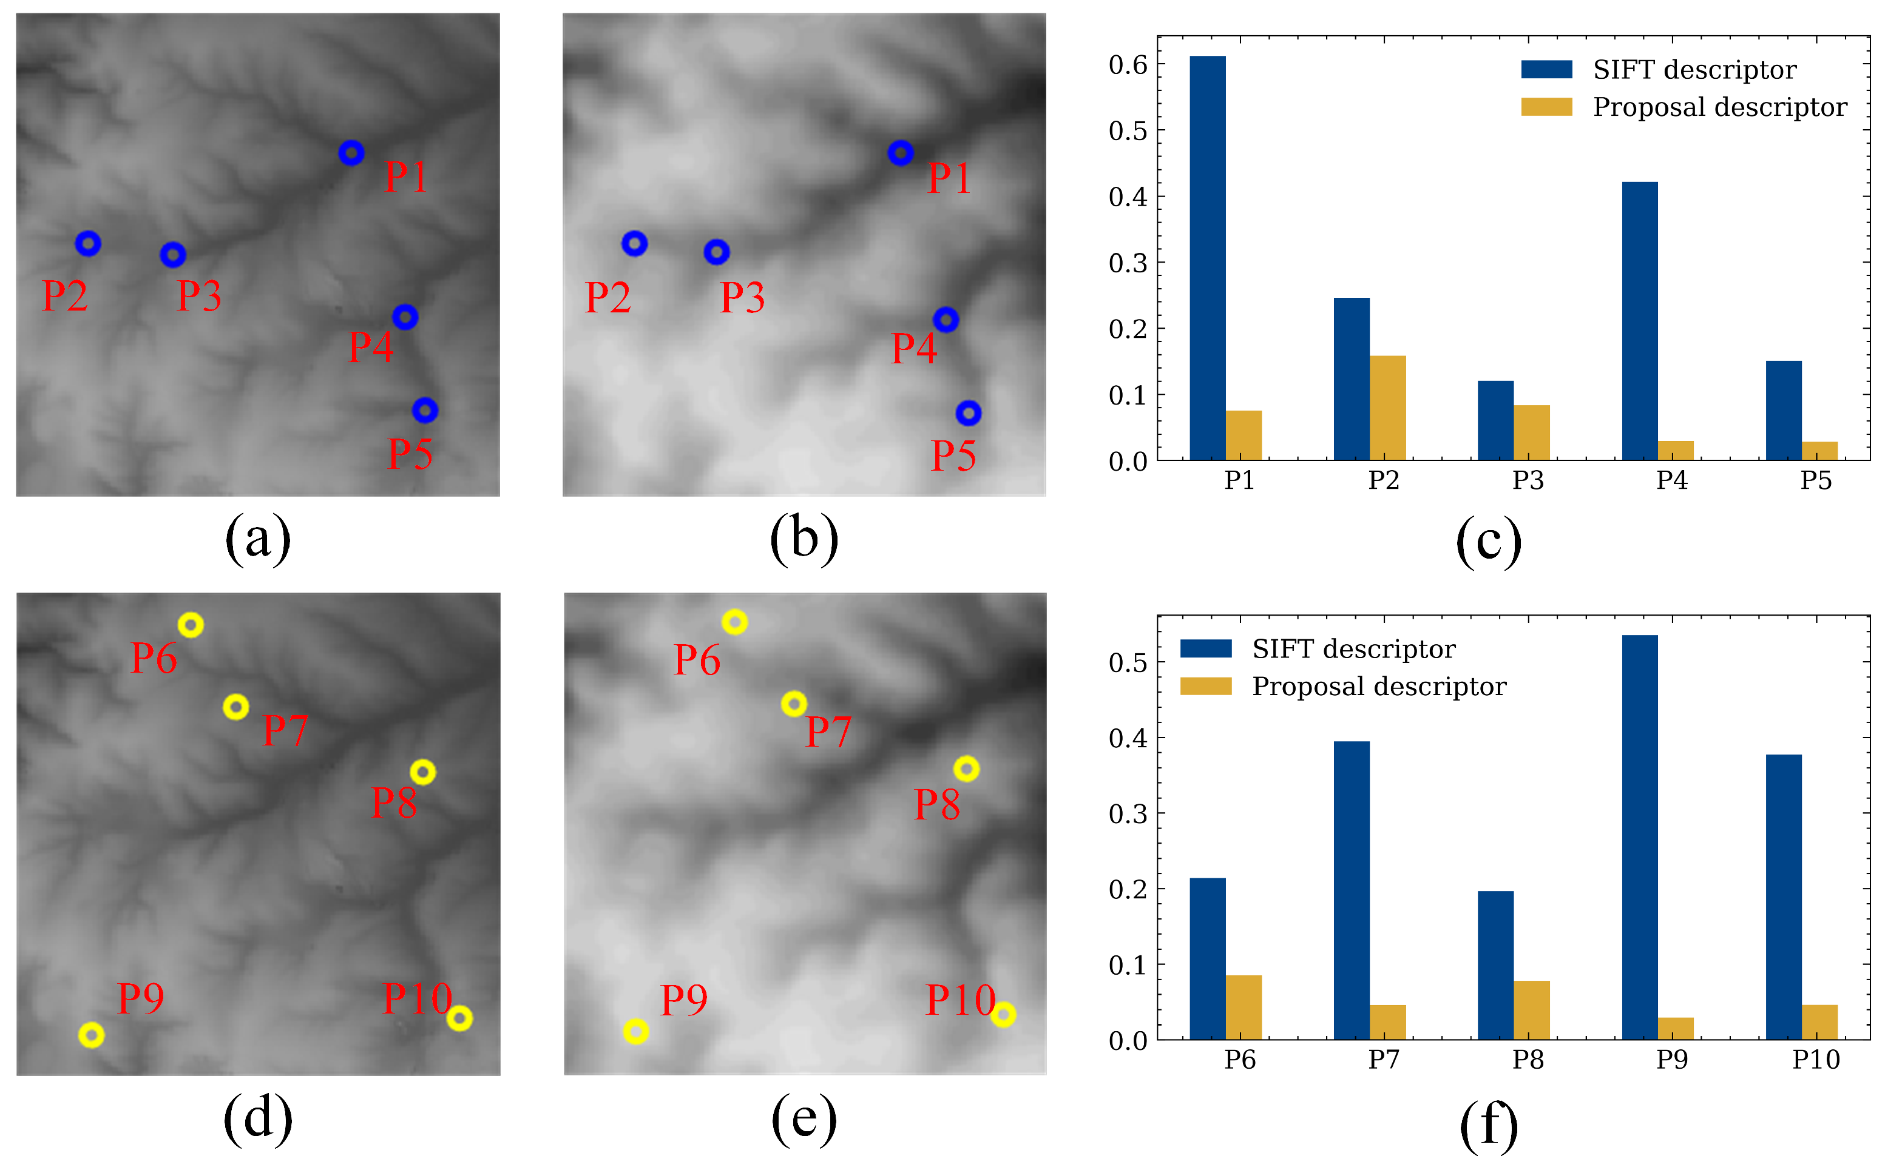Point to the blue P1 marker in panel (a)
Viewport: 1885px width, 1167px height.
[x=351, y=153]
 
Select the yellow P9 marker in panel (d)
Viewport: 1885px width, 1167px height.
[x=91, y=1034]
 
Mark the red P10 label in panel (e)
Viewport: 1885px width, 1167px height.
[x=959, y=1000]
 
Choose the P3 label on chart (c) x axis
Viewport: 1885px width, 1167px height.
[x=1527, y=480]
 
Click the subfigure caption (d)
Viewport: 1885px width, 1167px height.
[x=258, y=1118]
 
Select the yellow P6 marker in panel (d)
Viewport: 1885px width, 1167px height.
[x=191, y=624]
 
